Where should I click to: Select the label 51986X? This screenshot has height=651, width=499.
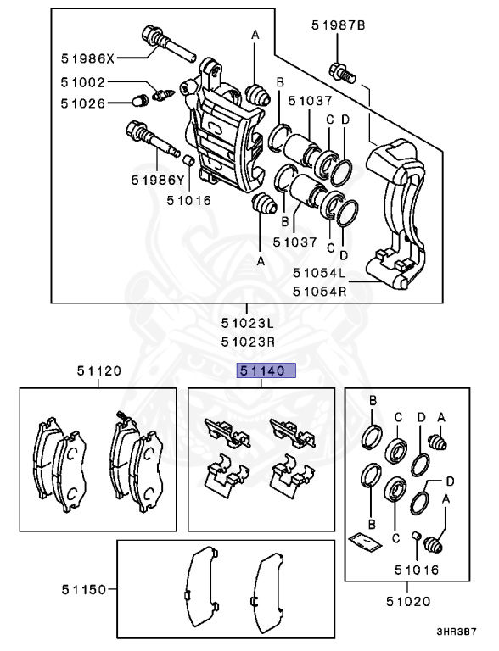pos(88,58)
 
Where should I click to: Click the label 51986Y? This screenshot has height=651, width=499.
pos(157,180)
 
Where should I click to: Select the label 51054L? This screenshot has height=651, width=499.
pos(320,273)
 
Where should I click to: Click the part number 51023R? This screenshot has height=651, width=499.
pos(248,342)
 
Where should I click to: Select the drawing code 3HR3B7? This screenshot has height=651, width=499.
pos(457,632)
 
